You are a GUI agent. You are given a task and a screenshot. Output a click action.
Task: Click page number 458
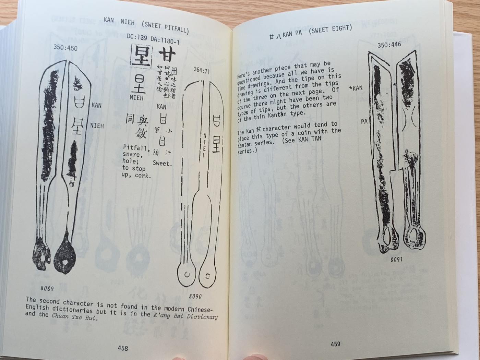coord(123,348)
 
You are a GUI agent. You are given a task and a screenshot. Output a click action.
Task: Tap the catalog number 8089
coord(47,288)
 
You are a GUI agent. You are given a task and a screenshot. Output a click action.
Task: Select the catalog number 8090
coord(195,296)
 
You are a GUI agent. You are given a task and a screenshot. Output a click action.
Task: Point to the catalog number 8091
coord(396,259)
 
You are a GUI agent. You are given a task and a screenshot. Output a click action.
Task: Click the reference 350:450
coord(65,48)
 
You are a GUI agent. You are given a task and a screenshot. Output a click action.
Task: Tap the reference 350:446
coord(389,45)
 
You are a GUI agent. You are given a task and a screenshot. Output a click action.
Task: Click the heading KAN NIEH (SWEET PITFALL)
coord(146,24)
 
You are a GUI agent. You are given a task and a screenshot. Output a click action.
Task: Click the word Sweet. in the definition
coord(162,163)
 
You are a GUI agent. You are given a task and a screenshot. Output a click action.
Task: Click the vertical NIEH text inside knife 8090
coord(205,145)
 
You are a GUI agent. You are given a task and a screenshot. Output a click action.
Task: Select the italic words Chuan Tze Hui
coord(75,317)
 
